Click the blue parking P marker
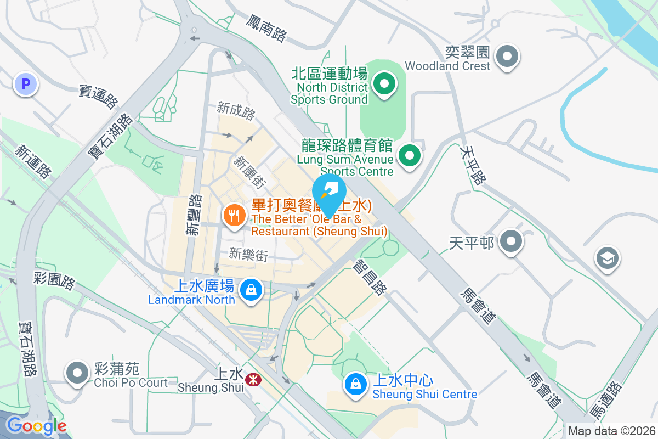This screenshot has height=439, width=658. tap(25, 85)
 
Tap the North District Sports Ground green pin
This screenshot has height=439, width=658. tap(384, 85)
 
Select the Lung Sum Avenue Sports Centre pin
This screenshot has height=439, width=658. tap(409, 156)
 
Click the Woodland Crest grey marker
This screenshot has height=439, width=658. tap(507, 55)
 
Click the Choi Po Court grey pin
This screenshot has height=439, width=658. tap(77, 373)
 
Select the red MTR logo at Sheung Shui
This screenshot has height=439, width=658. tap(253, 379)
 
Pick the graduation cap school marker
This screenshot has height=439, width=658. tap(608, 258)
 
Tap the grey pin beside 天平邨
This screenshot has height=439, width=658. tap(511, 241)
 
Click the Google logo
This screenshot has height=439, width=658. tap(36, 425)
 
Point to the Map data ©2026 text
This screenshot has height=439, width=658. tap(611, 431)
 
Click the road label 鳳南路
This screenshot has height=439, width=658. tap(266, 29)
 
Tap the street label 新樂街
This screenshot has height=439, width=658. tap(248, 254)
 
